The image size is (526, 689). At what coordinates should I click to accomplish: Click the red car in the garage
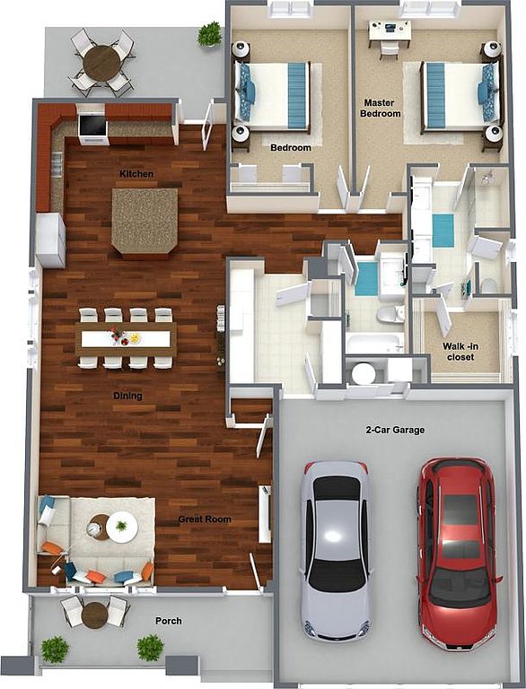coord(459,553)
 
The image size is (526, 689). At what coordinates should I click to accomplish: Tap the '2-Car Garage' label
coord(395,430)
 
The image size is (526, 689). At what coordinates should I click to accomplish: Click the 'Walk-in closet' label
coord(460,352)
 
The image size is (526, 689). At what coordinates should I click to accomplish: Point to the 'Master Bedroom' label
coord(381,108)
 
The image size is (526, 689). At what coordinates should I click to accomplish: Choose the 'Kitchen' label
coord(136,174)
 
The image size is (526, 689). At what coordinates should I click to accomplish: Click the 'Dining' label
coord(127,396)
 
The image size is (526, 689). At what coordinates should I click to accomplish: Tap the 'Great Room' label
coord(205,519)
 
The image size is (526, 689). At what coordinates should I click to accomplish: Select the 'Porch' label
coord(169,621)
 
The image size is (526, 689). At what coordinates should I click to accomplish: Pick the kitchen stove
coord(92,126)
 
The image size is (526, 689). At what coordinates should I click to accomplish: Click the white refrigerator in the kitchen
coord(50,240)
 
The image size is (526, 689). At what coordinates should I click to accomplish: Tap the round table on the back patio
coord(101,64)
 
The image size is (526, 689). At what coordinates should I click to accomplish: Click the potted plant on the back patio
coord(209,34)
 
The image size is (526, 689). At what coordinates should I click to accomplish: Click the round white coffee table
coord(122,527)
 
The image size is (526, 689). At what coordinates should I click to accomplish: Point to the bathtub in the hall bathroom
coord(375,344)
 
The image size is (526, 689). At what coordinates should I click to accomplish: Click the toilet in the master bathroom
coord(487,284)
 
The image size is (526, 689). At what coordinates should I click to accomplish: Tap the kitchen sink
coord(57,163)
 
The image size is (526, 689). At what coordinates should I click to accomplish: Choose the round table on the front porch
coord(94,615)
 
